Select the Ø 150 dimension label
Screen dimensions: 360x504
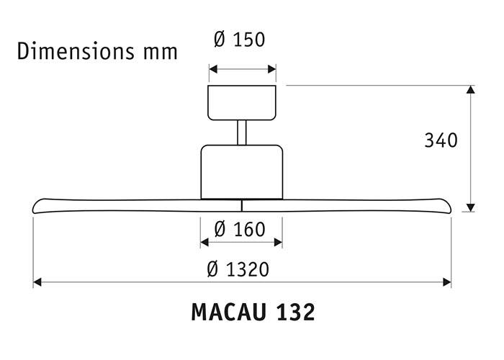pos(240,40)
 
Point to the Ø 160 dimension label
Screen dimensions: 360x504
pos(240,230)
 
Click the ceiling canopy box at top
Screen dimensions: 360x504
pos(242,102)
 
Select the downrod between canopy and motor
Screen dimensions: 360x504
pos(242,132)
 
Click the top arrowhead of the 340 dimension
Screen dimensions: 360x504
pos(471,91)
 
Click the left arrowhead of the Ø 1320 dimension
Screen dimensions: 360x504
pos(37,283)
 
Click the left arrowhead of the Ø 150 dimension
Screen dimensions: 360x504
pos(212,71)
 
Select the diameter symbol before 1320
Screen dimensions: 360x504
pos(212,269)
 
